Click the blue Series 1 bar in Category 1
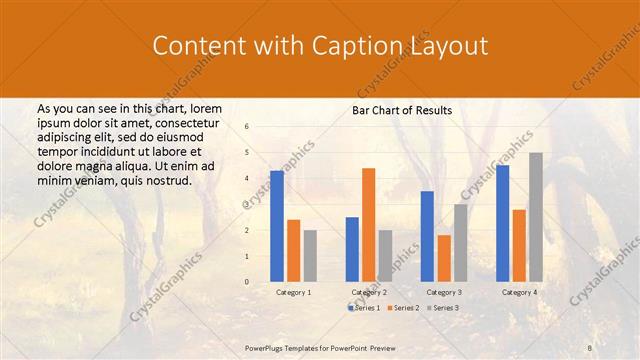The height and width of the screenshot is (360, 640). (x=277, y=226)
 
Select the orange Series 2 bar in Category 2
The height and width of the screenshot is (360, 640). (x=368, y=225)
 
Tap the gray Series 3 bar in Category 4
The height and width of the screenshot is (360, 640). (x=536, y=217)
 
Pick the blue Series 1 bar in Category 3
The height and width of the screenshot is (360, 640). (x=427, y=236)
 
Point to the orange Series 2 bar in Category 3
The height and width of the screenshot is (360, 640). (x=443, y=258)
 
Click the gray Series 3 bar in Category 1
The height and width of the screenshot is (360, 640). (x=310, y=256)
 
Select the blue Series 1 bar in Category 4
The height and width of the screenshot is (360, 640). (x=503, y=223)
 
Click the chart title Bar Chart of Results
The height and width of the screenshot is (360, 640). (x=402, y=110)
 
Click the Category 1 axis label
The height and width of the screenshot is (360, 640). (x=293, y=292)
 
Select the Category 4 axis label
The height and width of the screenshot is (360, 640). (x=519, y=292)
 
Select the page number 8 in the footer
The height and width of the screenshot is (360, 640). (x=590, y=346)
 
